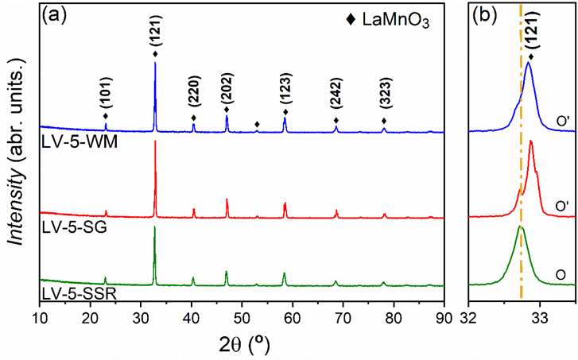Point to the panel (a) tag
56,14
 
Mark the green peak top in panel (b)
520,226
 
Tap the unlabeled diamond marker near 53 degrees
257,125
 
